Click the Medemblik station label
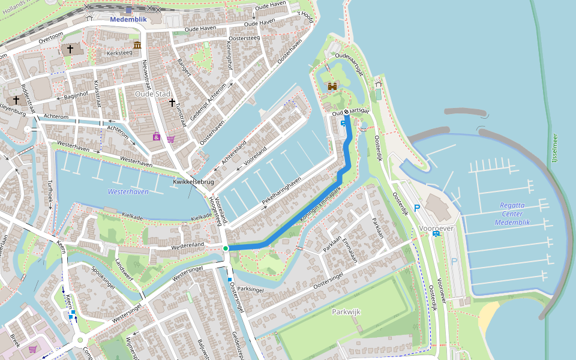point(128,19)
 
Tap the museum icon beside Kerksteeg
point(137,46)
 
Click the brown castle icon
point(332,86)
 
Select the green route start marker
point(226,248)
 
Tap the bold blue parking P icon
point(416,208)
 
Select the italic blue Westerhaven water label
point(128,191)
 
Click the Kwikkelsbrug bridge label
point(194,181)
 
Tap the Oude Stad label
point(152,94)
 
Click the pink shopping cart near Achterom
point(170,139)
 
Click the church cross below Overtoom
point(70,49)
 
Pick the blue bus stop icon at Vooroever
point(436,233)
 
